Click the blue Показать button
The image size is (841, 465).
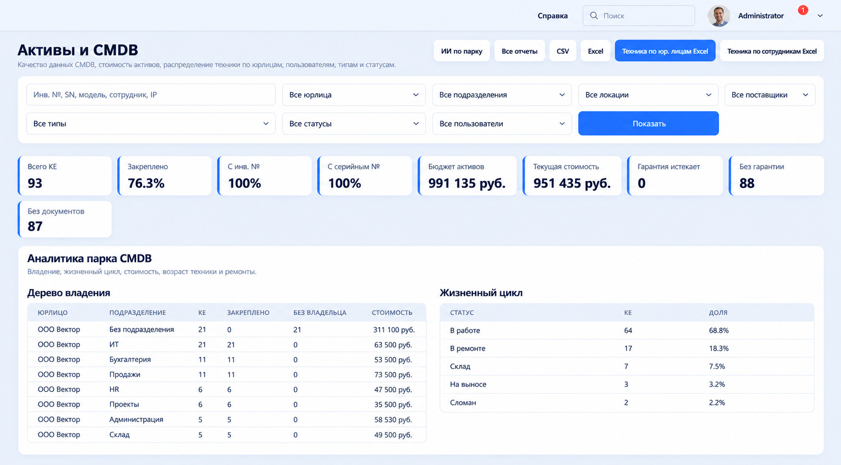point(648,124)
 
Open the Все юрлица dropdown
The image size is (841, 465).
point(354,95)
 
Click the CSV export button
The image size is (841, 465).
point(563,51)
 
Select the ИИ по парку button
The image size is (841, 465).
point(461,51)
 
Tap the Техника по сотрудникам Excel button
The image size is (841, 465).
point(772,51)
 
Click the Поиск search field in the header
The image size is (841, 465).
point(638,16)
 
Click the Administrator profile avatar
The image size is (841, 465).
point(719,16)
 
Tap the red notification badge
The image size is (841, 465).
point(803,10)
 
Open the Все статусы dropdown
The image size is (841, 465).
point(354,124)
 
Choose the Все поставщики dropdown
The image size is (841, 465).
point(770,95)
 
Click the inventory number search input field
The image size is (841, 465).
point(151,95)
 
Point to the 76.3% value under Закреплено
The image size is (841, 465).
point(146,183)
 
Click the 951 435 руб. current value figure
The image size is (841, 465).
point(572,183)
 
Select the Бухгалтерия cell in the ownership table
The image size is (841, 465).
point(130,359)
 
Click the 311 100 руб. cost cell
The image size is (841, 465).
point(394,329)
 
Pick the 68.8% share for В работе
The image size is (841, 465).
point(719,330)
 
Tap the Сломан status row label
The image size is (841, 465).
point(463,402)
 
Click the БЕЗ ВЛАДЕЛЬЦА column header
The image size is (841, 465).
point(320,312)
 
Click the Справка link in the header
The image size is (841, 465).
point(552,16)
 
